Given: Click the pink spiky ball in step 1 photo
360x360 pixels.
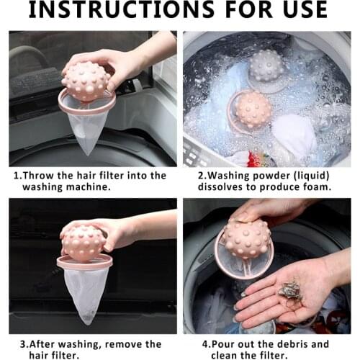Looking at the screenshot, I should click(x=87, y=81).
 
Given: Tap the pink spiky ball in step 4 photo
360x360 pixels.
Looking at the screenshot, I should click(x=247, y=238).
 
